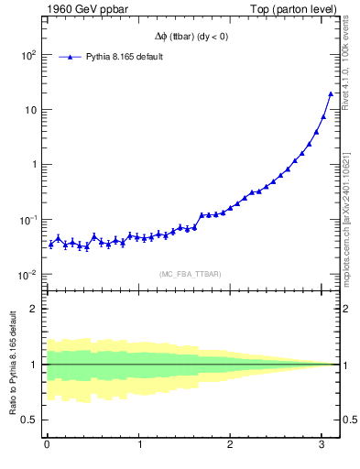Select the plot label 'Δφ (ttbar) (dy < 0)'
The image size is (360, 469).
tap(191, 38)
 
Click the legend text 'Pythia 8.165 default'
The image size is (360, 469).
tap(125, 57)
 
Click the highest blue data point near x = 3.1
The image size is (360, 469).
tap(331, 93)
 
